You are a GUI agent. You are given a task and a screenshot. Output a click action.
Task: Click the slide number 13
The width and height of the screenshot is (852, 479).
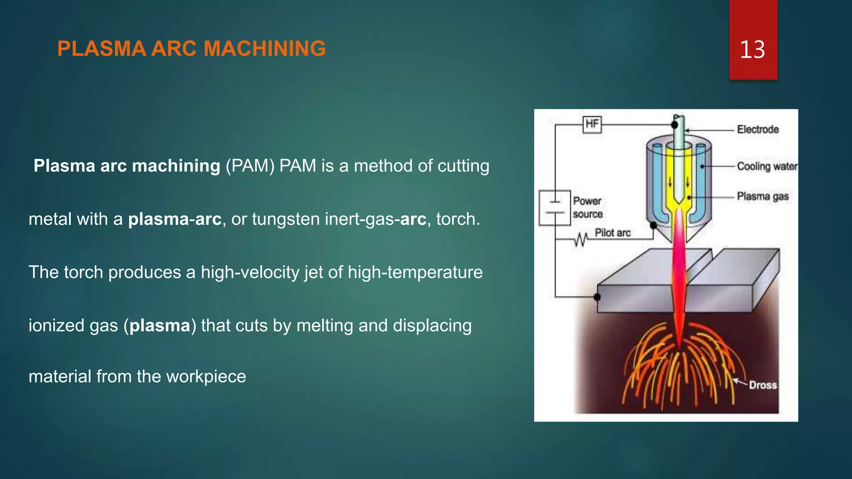click(752, 49)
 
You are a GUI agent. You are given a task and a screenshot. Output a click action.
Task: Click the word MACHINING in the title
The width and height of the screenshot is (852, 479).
click(265, 49)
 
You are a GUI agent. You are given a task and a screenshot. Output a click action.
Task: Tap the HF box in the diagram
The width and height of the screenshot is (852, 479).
click(592, 124)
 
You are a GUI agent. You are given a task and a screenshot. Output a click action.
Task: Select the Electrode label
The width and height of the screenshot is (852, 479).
click(758, 129)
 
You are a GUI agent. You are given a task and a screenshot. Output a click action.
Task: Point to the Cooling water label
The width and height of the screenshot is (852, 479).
click(767, 166)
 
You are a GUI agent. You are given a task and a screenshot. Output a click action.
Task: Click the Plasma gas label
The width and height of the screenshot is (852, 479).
click(763, 196)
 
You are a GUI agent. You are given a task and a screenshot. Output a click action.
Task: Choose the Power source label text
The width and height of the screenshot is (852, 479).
click(587, 207)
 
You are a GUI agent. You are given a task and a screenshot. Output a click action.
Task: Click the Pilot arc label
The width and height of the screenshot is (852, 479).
click(612, 233)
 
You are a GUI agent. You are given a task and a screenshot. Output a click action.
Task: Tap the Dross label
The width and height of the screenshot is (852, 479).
click(763, 385)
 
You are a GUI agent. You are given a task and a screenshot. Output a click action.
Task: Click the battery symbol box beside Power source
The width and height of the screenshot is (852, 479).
click(555, 207)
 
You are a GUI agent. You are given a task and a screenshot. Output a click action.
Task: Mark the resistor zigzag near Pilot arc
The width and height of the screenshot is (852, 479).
click(581, 239)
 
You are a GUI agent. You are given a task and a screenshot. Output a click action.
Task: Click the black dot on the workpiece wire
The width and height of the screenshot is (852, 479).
click(597, 297)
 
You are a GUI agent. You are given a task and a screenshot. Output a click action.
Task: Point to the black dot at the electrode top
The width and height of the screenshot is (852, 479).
click(674, 125)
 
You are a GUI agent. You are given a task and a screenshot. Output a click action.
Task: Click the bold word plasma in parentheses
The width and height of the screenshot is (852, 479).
click(159, 326)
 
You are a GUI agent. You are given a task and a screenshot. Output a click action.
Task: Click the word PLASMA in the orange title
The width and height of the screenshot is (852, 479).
click(102, 49)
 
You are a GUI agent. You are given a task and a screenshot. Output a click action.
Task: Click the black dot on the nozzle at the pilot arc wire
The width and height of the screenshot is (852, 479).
click(653, 225)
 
